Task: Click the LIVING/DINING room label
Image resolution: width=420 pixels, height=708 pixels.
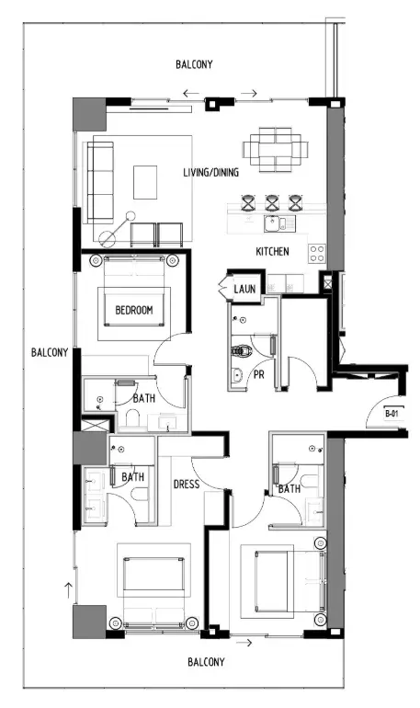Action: tap(210, 172)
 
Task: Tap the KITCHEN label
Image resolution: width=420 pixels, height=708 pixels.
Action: tap(272, 252)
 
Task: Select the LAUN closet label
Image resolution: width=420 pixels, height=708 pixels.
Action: tap(244, 289)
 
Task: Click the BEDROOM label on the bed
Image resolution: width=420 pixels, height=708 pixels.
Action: tap(134, 310)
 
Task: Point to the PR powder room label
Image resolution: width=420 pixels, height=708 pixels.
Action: tap(259, 374)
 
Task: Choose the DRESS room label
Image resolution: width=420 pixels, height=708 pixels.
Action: tap(187, 485)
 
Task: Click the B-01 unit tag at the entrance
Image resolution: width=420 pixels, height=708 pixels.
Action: tap(392, 413)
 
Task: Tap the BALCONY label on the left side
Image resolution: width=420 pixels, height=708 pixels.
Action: tap(50, 352)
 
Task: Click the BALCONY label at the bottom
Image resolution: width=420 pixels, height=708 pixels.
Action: tap(206, 662)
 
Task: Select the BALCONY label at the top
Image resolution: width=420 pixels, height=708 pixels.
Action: tap(194, 64)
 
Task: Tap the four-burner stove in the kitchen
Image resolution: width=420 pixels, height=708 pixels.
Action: tap(317, 254)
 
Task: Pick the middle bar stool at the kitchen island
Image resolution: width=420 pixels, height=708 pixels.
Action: tap(272, 202)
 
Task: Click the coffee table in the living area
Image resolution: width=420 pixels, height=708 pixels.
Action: tap(145, 182)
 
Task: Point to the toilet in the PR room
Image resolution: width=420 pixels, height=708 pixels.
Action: tap(242, 351)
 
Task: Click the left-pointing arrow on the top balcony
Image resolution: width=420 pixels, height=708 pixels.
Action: tap(191, 94)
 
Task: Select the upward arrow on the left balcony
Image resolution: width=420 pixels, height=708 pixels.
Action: tap(68, 590)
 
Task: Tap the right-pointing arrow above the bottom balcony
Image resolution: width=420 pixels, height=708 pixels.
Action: tap(244, 643)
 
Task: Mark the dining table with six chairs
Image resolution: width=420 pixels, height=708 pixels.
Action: tap(275, 150)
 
